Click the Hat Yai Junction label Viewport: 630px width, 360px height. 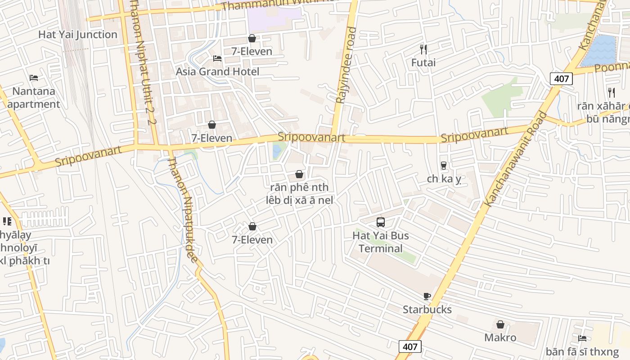pos(77,35)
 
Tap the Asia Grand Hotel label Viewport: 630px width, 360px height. pos(217,72)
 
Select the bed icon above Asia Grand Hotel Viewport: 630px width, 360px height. pos(217,58)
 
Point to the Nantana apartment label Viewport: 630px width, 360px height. pos(34,98)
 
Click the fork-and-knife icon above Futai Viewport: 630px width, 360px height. pos(423,49)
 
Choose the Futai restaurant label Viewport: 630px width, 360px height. pos(423,63)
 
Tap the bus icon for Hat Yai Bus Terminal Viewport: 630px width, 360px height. pos(381,222)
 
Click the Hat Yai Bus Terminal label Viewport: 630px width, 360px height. pos(381,242)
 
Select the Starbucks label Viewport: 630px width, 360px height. pos(427,310)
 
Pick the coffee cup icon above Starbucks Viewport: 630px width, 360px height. pos(427,296)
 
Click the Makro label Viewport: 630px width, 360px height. pos(500,337)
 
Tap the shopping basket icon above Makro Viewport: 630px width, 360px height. pos(500,324)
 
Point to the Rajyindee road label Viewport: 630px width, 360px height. pos(346,65)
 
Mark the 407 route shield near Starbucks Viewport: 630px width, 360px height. pos(409,346)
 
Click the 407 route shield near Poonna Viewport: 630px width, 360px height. pos(561,79)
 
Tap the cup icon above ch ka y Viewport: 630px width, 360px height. pos(444,166)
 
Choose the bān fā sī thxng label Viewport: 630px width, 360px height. pos(582,351)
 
